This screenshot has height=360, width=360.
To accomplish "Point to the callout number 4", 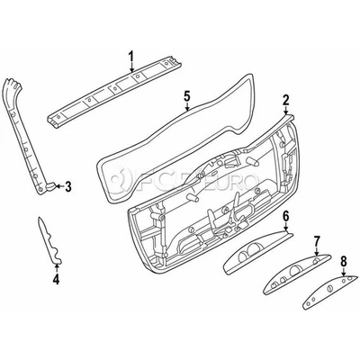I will [x=56, y=280].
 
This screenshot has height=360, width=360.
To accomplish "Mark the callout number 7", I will [x=316, y=240].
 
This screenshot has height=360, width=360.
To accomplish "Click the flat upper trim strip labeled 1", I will [x=117, y=92].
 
